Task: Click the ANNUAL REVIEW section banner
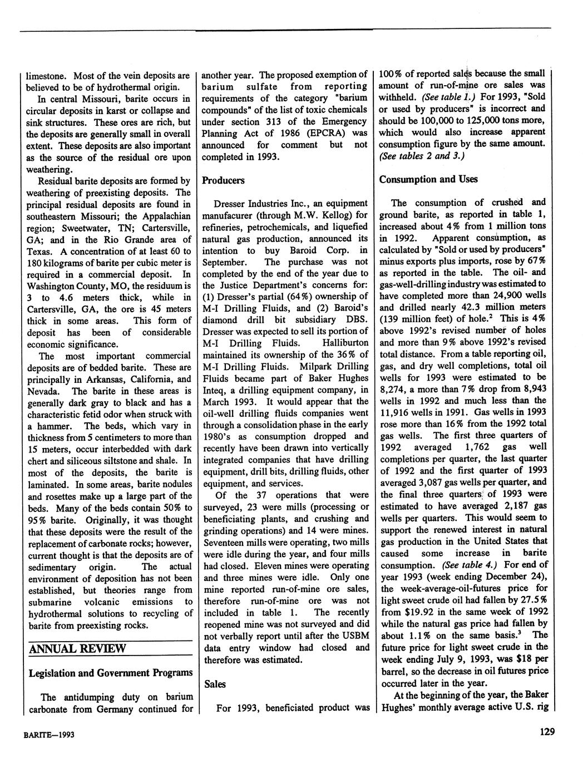pyautogui.click(x=78, y=649)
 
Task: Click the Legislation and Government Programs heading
pyautogui.click(x=111, y=673)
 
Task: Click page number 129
pyautogui.click(x=547, y=732)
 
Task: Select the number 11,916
pyautogui.click(x=397, y=412)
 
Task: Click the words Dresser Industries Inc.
pyautogui.click(x=254, y=203)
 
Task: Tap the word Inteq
pyautogui.click(x=215, y=390)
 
